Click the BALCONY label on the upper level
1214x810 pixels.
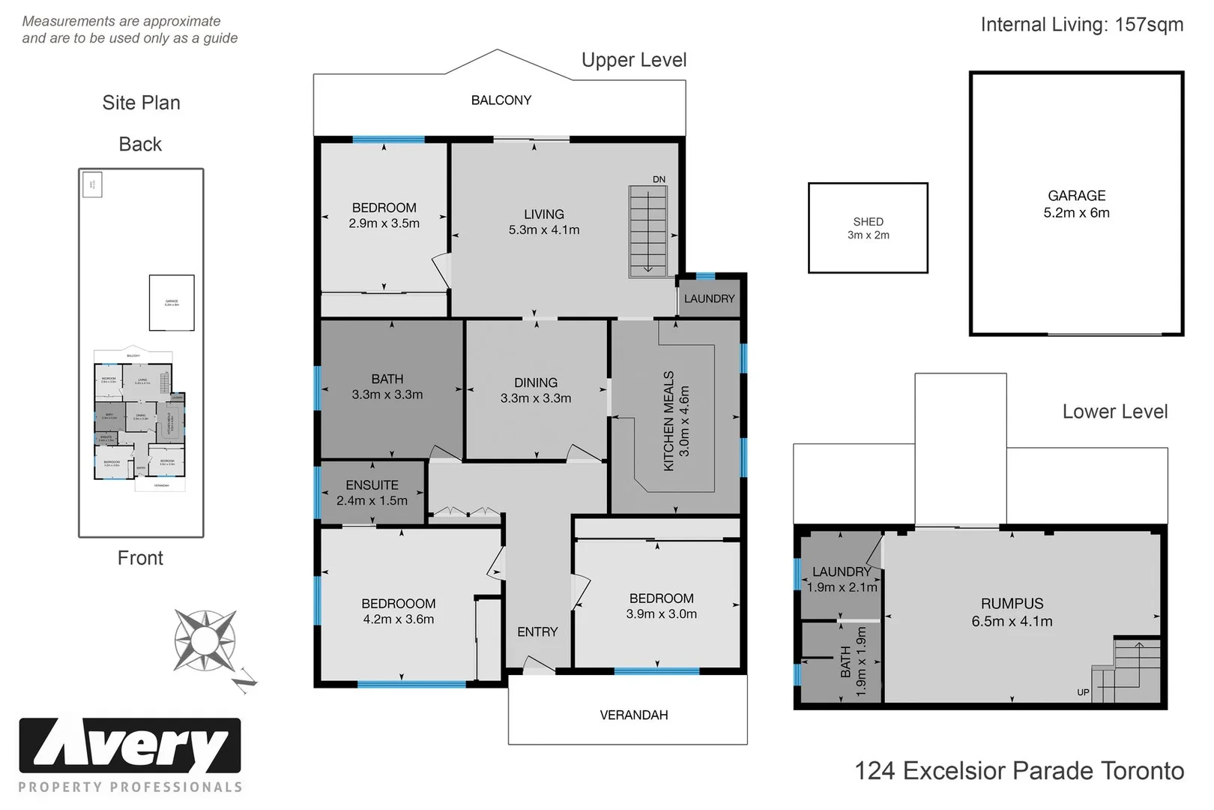point(501,100)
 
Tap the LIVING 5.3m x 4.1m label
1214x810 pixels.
point(544,222)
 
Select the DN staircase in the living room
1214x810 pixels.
point(647,231)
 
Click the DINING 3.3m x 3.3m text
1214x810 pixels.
point(536,390)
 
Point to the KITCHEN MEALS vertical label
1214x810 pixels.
point(676,421)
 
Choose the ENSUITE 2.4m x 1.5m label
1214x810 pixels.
point(372,493)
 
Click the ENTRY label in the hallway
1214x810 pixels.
point(537,631)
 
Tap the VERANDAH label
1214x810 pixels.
point(633,715)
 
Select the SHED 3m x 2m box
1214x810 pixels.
point(868,228)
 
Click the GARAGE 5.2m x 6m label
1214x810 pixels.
point(1076,204)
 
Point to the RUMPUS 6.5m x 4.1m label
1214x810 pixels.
point(1012,612)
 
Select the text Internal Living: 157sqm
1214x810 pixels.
point(1081,25)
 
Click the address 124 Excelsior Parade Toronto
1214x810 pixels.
point(1019,770)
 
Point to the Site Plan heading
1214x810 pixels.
point(141,103)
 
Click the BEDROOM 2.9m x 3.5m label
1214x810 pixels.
point(384,215)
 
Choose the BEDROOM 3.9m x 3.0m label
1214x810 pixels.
point(661,606)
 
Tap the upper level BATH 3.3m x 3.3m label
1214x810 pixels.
point(387,386)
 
